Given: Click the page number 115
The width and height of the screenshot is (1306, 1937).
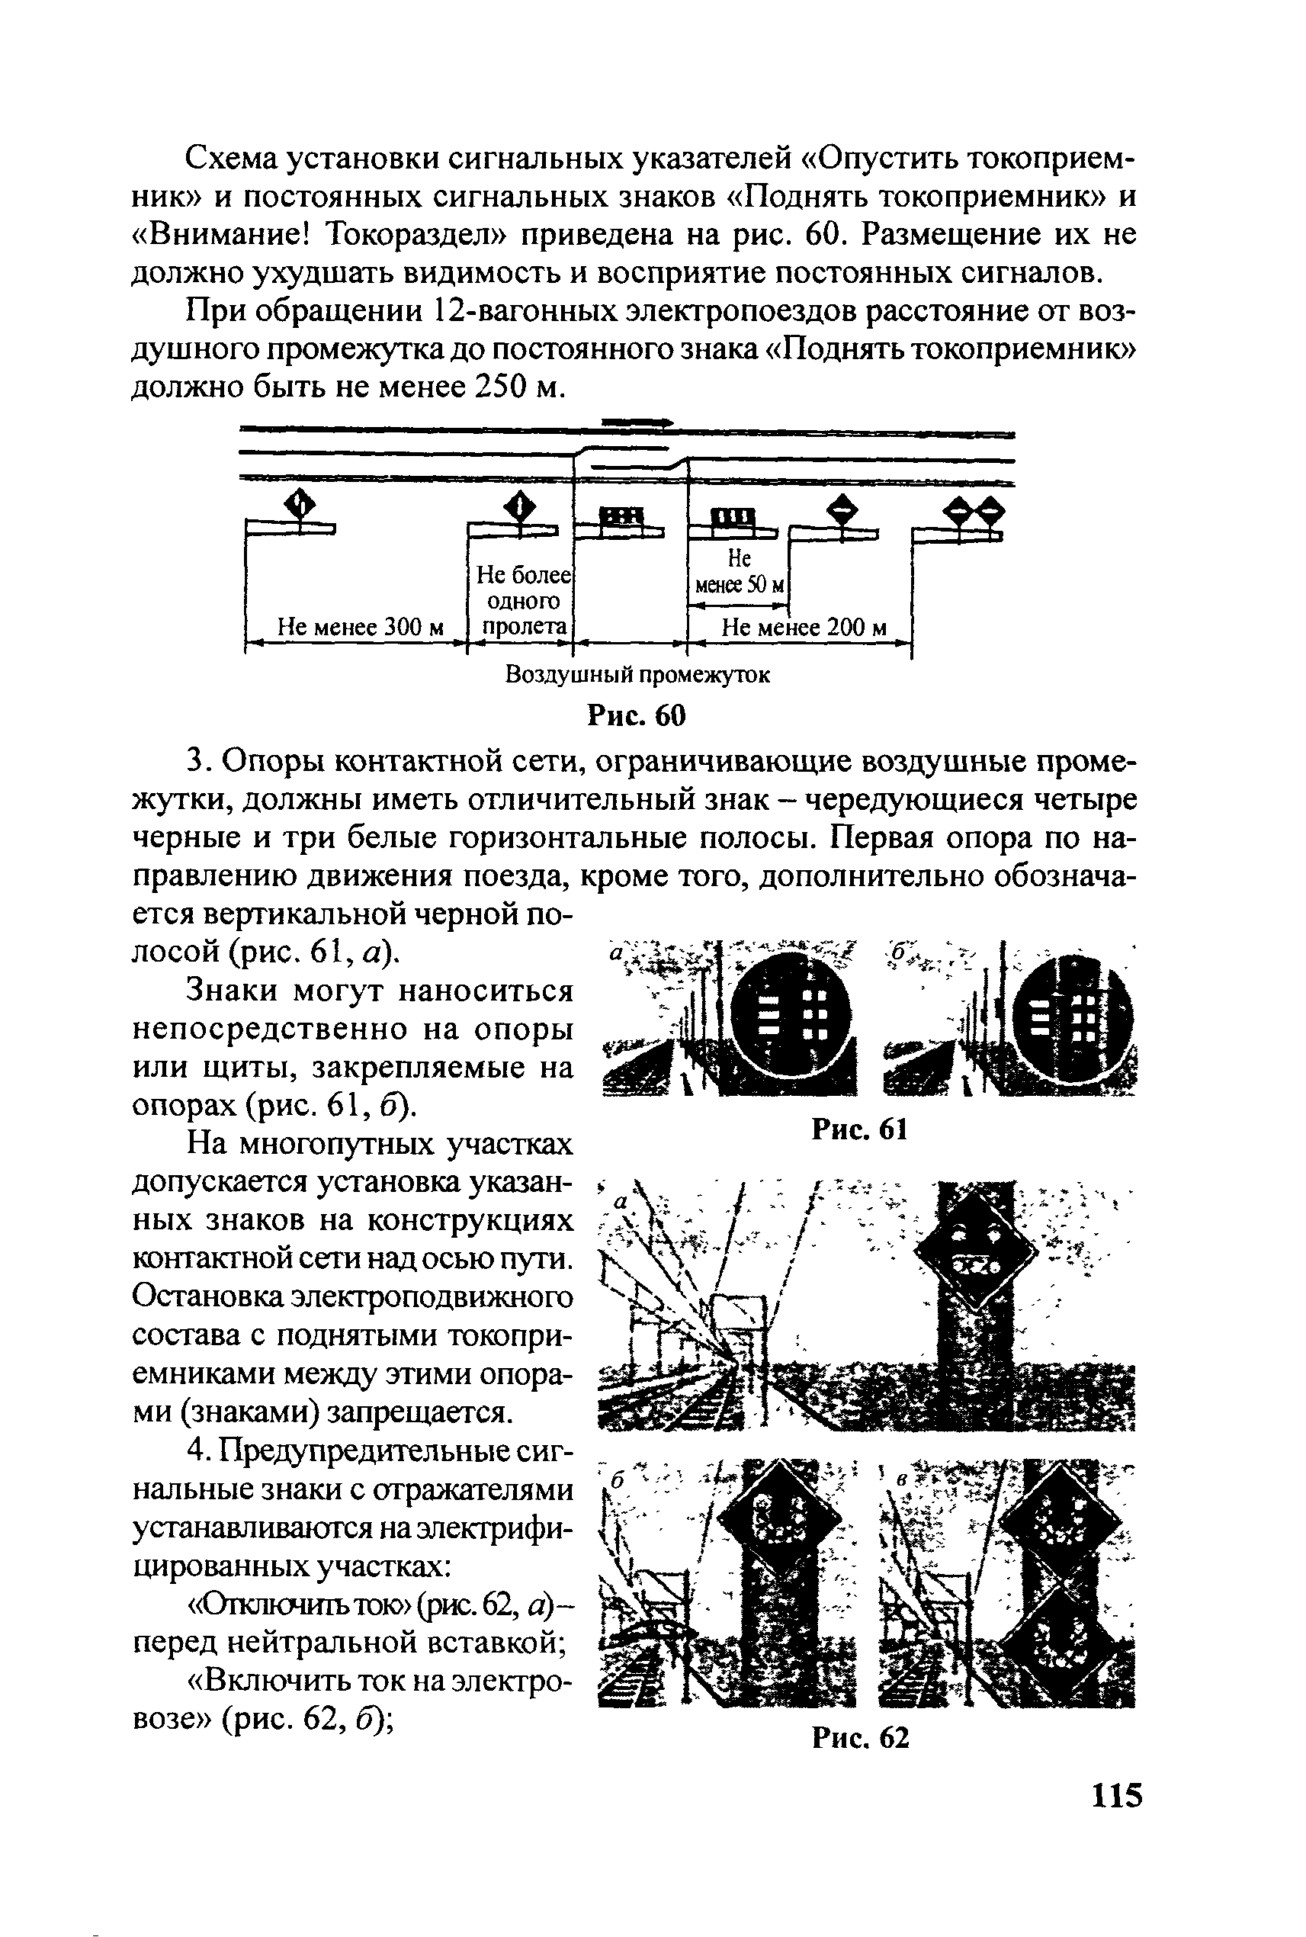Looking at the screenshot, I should (1116, 1794).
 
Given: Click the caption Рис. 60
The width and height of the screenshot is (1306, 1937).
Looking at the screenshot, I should (637, 715).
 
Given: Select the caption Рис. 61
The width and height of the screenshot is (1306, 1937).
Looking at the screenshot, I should (858, 1129).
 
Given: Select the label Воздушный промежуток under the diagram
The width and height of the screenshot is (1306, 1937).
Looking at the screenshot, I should (638, 674).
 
